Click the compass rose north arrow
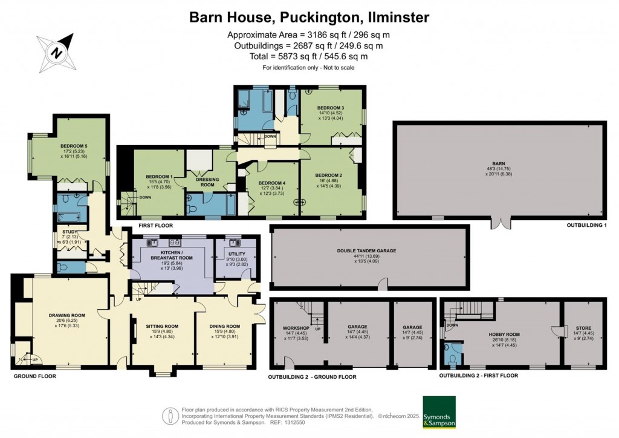coord(57,53)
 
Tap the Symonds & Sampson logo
coord(439,412)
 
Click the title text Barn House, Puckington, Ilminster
coord(309,17)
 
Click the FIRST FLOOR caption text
coord(156,225)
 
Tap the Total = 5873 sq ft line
coord(309,56)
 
